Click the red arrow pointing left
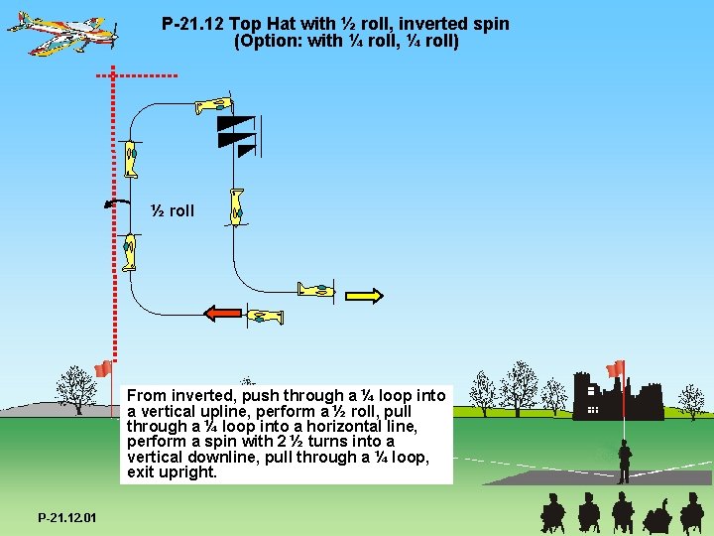(x=223, y=314)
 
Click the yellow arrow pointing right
(x=365, y=295)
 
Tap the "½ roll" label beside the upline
(x=173, y=210)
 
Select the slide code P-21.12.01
(x=67, y=518)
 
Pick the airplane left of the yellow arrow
(x=317, y=290)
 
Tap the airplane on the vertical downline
(x=236, y=205)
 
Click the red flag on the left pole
(x=101, y=370)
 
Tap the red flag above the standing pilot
(x=616, y=369)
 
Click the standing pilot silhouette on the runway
(x=624, y=461)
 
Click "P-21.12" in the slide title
(x=192, y=23)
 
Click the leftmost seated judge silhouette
(x=551, y=513)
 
